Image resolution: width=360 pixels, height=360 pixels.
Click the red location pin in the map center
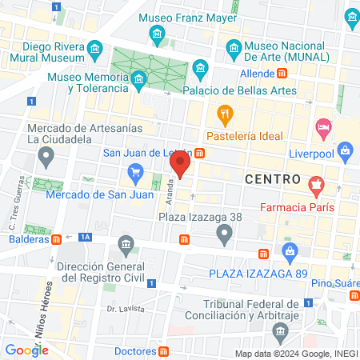tap(180, 165)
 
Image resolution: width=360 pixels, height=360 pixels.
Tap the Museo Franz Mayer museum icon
tap(157, 34)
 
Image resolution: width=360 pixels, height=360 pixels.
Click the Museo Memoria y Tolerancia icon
tap(139, 78)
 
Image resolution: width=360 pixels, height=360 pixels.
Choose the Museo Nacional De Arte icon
tap(234, 46)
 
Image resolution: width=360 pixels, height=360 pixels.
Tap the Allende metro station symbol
tap(282, 73)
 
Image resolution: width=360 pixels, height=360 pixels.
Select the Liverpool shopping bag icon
tap(345, 149)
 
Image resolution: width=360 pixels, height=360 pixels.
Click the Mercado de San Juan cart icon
tap(136, 172)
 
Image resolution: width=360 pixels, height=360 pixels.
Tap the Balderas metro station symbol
tap(57, 238)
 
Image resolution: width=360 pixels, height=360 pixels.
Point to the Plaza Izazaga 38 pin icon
tap(225, 234)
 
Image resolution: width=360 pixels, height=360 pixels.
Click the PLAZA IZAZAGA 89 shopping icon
tap(290, 254)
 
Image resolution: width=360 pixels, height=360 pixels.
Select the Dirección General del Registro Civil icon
tap(125, 243)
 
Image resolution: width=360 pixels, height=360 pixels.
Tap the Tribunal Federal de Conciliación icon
tap(279, 331)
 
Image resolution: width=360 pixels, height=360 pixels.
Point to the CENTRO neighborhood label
tap(273, 178)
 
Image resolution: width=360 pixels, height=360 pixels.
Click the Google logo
tap(26, 350)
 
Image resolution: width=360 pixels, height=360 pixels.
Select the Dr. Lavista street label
tap(125, 308)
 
